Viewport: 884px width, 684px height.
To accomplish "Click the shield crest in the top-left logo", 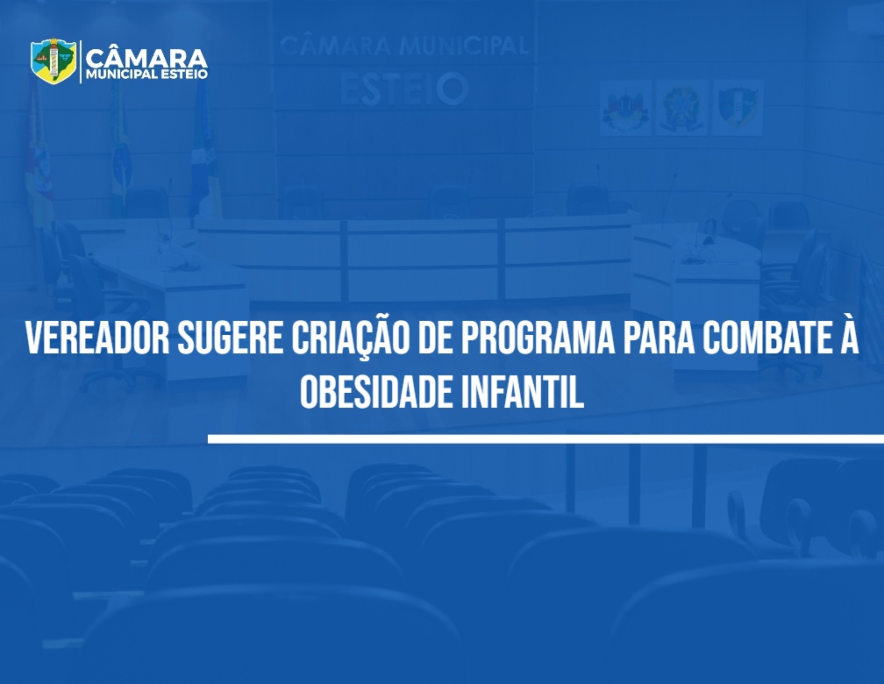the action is (53, 61).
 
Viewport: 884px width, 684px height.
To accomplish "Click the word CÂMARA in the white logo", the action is (146, 58).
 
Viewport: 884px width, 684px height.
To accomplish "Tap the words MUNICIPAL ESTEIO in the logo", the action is (146, 75).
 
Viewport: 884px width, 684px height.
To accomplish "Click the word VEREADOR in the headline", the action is (97, 338).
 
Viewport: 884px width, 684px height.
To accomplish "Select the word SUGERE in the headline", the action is (230, 338).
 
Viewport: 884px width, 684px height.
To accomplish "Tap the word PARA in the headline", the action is (659, 338).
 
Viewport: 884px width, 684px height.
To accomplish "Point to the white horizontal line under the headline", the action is (545, 438).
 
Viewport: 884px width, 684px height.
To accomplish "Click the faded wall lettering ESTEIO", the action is (405, 89).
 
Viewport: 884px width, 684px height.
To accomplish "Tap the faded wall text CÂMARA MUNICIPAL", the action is (403, 46).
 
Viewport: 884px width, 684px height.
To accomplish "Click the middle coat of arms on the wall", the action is (681, 108).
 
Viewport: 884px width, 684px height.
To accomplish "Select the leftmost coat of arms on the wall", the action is (625, 108).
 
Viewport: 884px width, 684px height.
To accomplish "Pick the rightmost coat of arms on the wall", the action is (738, 108).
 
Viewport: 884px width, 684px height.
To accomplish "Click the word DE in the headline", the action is (435, 338).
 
